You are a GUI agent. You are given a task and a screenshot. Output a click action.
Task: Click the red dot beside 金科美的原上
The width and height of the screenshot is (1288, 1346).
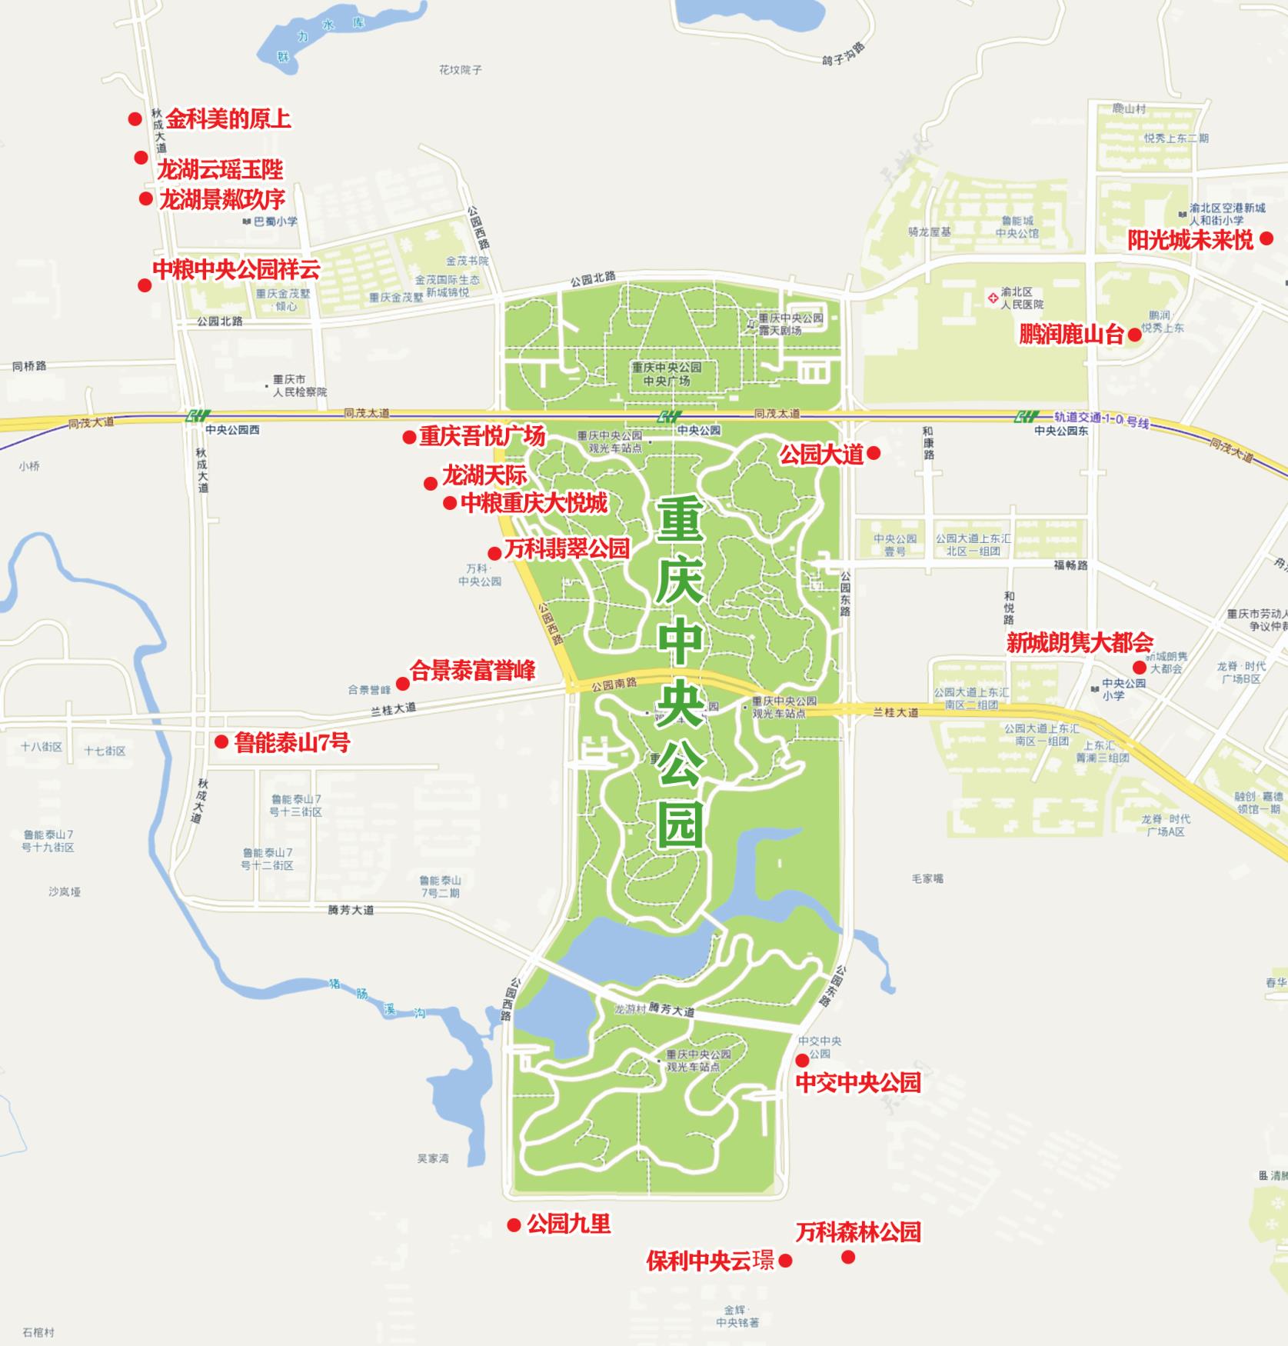pyautogui.click(x=135, y=118)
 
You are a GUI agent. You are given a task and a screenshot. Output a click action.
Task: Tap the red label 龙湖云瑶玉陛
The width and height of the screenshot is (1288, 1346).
pyautogui.click(x=220, y=169)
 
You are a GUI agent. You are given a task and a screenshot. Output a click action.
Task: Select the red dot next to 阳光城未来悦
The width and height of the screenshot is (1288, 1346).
pyautogui.click(x=1266, y=239)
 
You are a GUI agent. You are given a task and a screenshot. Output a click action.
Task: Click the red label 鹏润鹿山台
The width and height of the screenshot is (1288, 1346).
pyautogui.click(x=1071, y=335)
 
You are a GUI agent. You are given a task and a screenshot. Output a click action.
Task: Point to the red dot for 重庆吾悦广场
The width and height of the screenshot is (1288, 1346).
pyautogui.click(x=409, y=438)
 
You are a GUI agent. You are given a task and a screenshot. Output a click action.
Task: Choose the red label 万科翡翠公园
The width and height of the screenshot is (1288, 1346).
pyautogui.click(x=567, y=548)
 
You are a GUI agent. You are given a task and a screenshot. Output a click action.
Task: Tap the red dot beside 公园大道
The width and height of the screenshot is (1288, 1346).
pyautogui.click(x=874, y=454)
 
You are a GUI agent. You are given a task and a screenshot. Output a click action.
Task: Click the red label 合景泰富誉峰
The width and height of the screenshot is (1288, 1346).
pyautogui.click(x=473, y=671)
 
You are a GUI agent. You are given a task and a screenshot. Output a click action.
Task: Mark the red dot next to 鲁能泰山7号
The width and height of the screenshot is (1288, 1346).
pyautogui.click(x=221, y=741)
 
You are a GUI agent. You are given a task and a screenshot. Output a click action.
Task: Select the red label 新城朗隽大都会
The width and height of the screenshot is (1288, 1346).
pyautogui.click(x=1080, y=642)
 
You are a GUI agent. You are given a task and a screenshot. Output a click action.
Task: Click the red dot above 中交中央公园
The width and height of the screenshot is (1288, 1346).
pyautogui.click(x=802, y=1061)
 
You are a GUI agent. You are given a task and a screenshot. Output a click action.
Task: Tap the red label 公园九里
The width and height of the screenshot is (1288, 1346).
pyautogui.click(x=569, y=1224)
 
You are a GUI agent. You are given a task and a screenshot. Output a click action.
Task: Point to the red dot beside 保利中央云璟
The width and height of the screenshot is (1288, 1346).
pyautogui.click(x=785, y=1261)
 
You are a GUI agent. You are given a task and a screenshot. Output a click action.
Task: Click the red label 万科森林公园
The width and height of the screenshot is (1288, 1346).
pyautogui.click(x=858, y=1232)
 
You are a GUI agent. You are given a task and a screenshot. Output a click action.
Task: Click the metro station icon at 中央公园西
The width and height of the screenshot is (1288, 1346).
pyautogui.click(x=198, y=416)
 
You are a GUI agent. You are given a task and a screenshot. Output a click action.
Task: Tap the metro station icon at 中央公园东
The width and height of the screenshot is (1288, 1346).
pyautogui.click(x=1027, y=417)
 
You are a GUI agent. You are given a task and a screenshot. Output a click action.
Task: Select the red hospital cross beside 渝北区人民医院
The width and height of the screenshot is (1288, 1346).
pyautogui.click(x=993, y=298)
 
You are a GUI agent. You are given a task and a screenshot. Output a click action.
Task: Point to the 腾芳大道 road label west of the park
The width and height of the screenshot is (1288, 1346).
pyautogui.click(x=351, y=910)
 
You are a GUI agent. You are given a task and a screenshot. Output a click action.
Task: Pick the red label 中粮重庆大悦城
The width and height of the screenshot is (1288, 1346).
pyautogui.click(x=534, y=503)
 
